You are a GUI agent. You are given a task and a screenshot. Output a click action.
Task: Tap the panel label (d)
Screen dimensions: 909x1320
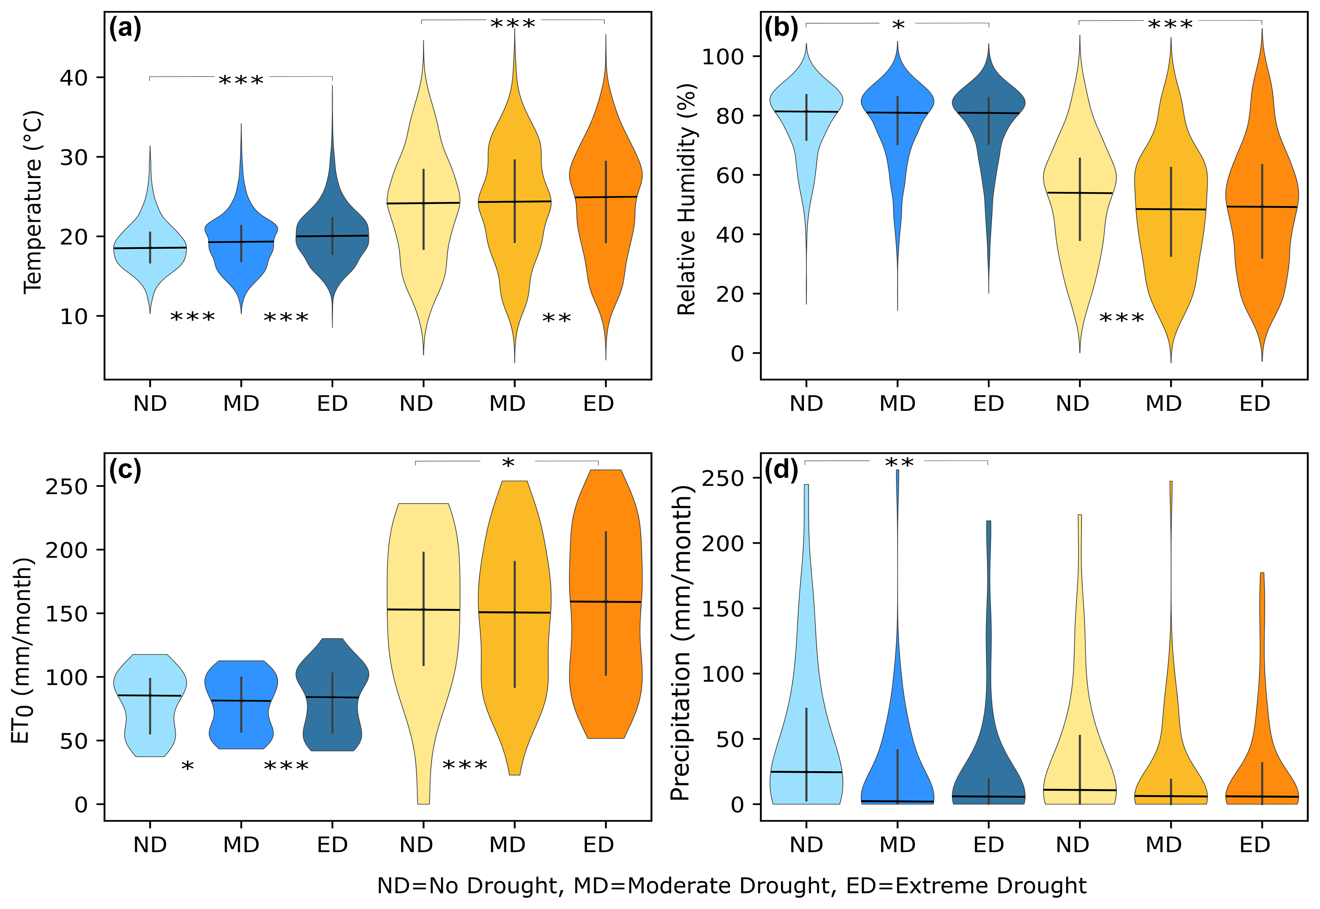pos(781,471)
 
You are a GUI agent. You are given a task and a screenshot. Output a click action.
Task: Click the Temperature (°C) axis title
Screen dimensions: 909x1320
pos(33,202)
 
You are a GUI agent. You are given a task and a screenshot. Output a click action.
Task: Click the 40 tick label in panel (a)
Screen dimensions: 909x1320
pos(74,78)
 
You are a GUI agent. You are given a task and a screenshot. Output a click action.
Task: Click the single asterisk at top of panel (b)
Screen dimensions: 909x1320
pos(898,26)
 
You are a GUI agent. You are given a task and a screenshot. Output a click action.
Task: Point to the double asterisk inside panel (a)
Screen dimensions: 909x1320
pos(556,318)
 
